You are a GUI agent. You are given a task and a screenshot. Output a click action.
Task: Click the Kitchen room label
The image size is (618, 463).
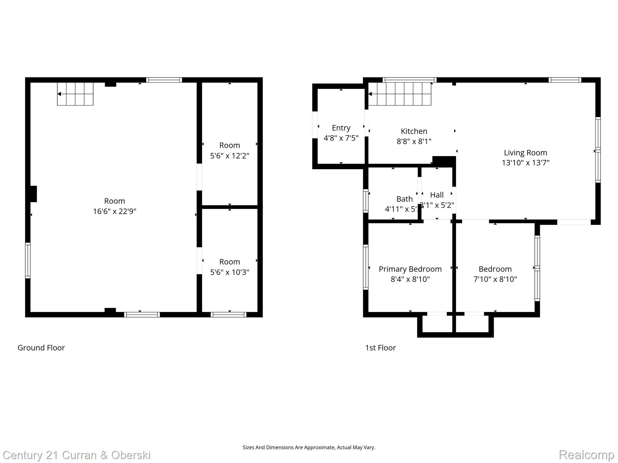click(x=414, y=131)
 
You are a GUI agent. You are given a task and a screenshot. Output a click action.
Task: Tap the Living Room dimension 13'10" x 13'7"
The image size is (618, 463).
click(x=525, y=163)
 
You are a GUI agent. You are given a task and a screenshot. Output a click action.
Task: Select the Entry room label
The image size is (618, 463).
click(x=341, y=128)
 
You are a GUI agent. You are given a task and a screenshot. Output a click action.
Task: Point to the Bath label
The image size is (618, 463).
click(x=404, y=199)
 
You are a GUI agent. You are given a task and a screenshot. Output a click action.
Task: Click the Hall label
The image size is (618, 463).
click(x=437, y=195)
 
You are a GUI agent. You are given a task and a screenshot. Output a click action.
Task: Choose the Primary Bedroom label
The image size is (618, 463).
click(x=410, y=269)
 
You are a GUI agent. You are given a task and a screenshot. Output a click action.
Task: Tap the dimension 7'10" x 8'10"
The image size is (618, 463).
click(x=495, y=279)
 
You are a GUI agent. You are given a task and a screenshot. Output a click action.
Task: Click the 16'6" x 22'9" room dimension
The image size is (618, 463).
click(x=114, y=211)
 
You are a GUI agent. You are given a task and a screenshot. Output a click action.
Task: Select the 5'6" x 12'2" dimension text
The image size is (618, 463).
click(x=229, y=156)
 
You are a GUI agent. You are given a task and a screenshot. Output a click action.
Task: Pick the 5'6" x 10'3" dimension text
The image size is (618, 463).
click(x=229, y=272)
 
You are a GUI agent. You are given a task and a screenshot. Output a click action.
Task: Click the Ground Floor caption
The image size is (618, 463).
click(x=41, y=348)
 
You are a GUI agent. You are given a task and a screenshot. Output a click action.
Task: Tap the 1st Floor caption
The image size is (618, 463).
click(x=380, y=348)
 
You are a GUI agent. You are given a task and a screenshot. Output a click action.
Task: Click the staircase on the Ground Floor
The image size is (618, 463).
click(x=75, y=94)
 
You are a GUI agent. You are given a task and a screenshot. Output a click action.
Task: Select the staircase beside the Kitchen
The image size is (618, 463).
click(x=400, y=94)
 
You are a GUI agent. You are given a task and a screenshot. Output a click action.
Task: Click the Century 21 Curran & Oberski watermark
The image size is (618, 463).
click(x=77, y=455)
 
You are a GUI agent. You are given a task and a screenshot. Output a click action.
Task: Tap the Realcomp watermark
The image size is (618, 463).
click(x=586, y=455)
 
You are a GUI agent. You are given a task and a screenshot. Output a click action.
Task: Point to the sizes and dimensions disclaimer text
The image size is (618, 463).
click(x=309, y=447)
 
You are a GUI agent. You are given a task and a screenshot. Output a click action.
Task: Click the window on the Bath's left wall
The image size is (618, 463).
click(x=366, y=200)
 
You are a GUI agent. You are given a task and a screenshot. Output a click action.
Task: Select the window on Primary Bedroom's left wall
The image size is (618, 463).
click(x=366, y=267)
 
